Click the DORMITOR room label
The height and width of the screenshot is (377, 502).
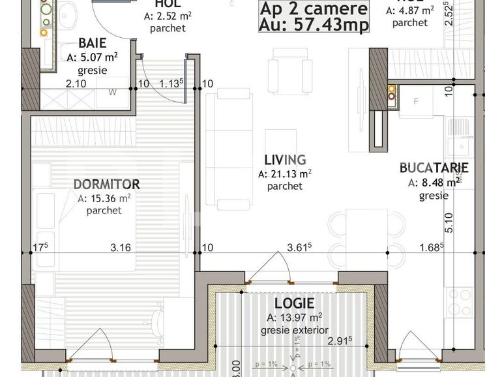(x=106, y=184)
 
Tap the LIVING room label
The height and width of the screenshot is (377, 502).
(x=285, y=160)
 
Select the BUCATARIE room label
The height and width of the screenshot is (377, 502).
(x=434, y=168)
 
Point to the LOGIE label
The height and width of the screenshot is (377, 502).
(x=294, y=303)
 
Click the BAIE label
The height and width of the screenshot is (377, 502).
(x=92, y=43)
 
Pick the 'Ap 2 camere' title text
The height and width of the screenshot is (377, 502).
(x=314, y=9)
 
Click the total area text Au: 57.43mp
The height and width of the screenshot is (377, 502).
(x=314, y=25)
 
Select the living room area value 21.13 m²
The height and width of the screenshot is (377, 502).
(x=285, y=173)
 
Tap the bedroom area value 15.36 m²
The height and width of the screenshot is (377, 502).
(x=104, y=198)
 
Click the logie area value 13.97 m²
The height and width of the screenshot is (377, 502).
(x=294, y=318)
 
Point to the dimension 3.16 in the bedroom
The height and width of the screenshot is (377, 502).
(x=121, y=247)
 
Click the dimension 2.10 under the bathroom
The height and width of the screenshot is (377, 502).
(x=76, y=83)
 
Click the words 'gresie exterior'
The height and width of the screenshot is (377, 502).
(x=294, y=330)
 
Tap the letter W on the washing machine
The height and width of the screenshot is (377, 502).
(x=112, y=92)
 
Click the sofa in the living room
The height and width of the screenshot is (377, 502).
(x=229, y=150)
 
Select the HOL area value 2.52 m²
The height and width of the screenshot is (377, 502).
(x=168, y=16)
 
